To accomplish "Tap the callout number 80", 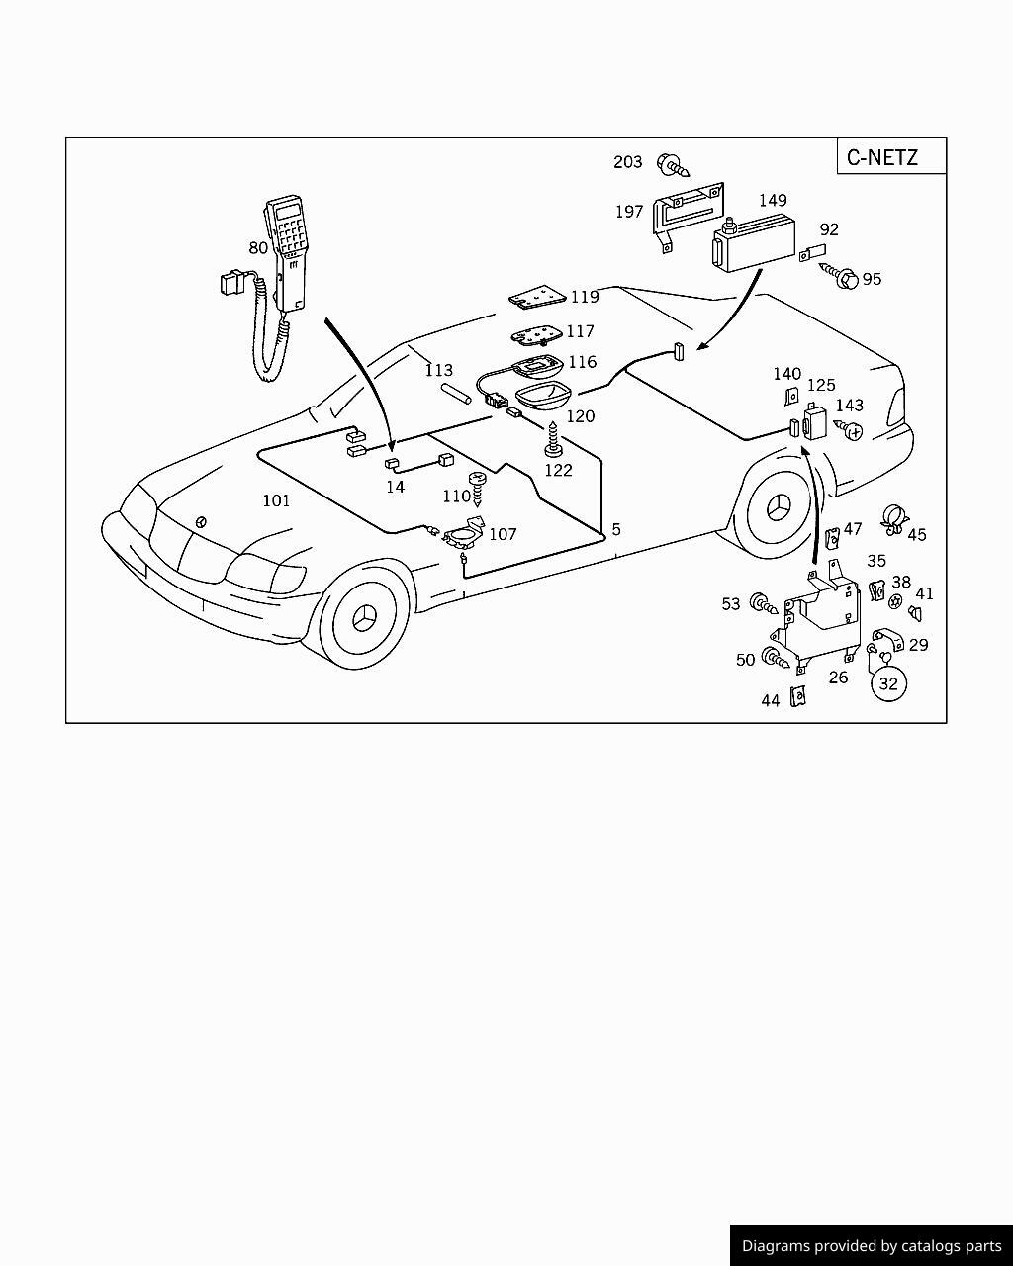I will click(258, 248).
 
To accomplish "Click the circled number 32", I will click(888, 682).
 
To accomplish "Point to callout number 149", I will click(773, 201).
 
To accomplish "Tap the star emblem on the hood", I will click(201, 521).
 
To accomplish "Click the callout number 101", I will click(276, 500).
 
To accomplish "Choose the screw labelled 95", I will click(843, 277).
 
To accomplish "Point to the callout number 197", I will click(629, 212).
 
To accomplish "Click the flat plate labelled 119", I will click(538, 297).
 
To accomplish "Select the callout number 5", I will click(616, 530).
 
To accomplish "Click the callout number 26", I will click(838, 678).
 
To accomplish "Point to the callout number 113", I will click(439, 371).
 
